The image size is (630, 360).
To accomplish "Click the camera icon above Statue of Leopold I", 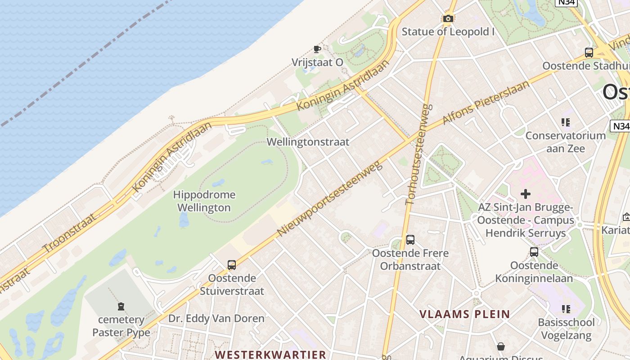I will (x=448, y=18).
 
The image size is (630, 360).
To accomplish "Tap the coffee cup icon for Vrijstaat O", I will (x=317, y=49).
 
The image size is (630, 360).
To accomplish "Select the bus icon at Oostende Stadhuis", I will (x=589, y=53).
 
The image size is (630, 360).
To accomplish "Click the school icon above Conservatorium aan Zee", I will (x=566, y=122).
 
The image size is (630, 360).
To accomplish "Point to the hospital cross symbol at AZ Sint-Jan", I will (x=525, y=194).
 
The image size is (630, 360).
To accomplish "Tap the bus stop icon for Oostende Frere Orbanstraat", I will (x=410, y=240).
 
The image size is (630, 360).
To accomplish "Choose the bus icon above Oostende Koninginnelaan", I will (x=534, y=252).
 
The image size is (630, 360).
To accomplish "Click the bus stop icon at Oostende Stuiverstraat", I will (x=232, y=265).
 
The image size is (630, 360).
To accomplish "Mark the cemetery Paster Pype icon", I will (x=121, y=307).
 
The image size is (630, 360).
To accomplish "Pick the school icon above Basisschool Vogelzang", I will (x=566, y=309).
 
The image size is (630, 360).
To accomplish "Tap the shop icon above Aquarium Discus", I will (x=500, y=346).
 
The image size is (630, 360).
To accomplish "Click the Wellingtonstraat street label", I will (x=308, y=142).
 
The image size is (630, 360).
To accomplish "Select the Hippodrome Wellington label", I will (x=204, y=201).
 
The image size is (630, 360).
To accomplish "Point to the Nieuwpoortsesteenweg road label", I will (x=330, y=198).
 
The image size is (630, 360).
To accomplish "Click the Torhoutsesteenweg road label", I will (x=419, y=154).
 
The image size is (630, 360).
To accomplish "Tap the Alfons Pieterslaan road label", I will (x=486, y=103).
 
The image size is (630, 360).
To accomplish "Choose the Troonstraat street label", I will (x=69, y=233).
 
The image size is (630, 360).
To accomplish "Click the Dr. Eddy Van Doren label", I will (x=216, y=319).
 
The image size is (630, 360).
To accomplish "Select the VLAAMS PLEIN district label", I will (x=465, y=314).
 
